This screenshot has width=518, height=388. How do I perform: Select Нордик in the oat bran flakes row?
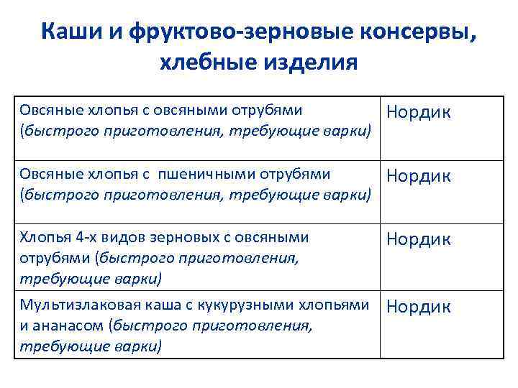(419, 112)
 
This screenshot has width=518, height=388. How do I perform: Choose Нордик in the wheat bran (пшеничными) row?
(419, 176)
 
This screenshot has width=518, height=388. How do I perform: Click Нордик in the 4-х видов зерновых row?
(419, 239)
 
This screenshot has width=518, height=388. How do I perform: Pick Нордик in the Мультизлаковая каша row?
(419, 307)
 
